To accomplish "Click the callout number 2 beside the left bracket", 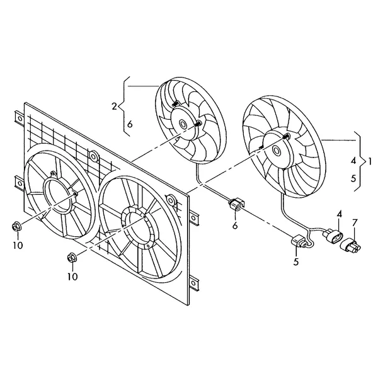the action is (x=114, y=106).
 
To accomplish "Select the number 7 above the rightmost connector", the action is (x=354, y=223).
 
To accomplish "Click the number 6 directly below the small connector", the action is (x=235, y=226).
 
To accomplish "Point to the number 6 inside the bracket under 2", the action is (x=130, y=124).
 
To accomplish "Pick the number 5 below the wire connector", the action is (x=296, y=261).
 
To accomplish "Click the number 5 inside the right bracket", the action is (x=353, y=179).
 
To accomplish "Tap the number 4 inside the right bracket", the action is (x=353, y=161).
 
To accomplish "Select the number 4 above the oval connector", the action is (x=340, y=214).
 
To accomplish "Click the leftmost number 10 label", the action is (x=18, y=246).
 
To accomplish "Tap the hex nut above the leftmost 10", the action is (x=16, y=227).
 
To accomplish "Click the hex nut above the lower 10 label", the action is (x=71, y=258).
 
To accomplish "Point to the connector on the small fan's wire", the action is (x=236, y=204).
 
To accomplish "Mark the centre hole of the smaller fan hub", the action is (x=183, y=125).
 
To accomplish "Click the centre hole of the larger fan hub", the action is (x=276, y=151).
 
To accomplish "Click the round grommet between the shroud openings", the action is (x=93, y=156).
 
